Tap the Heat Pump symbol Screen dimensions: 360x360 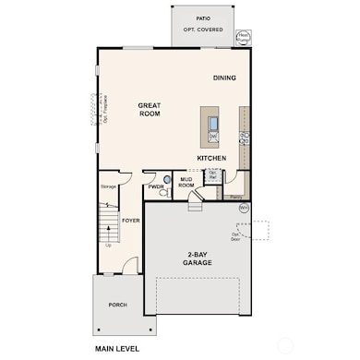[244, 38]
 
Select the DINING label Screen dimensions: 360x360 [224, 78]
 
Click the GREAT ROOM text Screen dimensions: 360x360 [150, 110]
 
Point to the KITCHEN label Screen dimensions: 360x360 [211, 158]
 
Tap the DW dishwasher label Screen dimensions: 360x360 [212, 137]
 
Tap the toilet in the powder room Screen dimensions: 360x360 [167, 180]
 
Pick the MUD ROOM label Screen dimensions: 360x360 [186, 184]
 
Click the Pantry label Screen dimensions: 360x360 [236, 197]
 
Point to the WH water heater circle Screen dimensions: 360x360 [244, 209]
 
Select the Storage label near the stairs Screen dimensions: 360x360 [107, 187]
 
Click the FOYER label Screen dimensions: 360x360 [130, 221]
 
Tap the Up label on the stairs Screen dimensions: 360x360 [109, 246]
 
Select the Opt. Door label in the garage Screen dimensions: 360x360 [236, 235]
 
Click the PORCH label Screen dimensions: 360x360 [117, 305]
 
